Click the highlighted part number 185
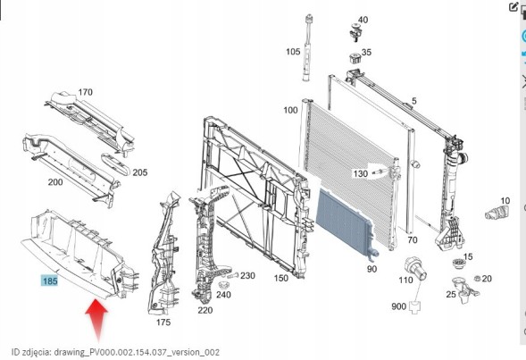(x=50, y=280)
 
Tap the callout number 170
(x=85, y=92)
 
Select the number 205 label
(x=140, y=172)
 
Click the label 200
(x=55, y=182)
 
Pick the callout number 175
(x=163, y=322)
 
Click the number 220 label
(x=205, y=310)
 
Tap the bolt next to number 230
(x=233, y=276)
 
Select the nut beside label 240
(x=222, y=286)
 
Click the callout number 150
(x=280, y=278)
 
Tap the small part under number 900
(x=415, y=307)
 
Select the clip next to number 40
(x=355, y=32)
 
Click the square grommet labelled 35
(x=354, y=58)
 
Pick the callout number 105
(x=293, y=52)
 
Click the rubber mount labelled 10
(x=497, y=213)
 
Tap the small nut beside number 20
(x=476, y=278)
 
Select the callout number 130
(x=360, y=174)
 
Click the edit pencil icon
(x=513, y=7)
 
